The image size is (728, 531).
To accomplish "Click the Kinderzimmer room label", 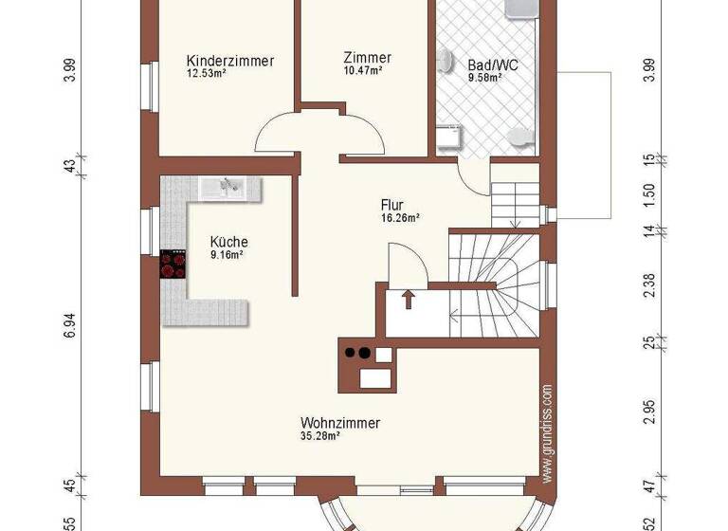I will click(x=230, y=61).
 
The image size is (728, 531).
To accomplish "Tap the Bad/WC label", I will click(x=492, y=65).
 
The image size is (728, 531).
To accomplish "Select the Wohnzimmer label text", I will click(x=340, y=423).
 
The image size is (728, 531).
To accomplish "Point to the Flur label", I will click(x=392, y=205).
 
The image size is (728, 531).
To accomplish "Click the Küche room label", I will click(x=228, y=242).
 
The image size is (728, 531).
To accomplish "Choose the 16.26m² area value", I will click(x=400, y=217).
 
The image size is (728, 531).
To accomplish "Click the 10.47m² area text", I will click(x=364, y=70).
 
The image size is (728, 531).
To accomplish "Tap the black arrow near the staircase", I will click(x=409, y=300).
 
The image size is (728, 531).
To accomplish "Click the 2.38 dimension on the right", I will click(x=648, y=286).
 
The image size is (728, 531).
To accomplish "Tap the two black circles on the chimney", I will click(x=356, y=354).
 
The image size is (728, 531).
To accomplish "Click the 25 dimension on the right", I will click(x=648, y=345).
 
